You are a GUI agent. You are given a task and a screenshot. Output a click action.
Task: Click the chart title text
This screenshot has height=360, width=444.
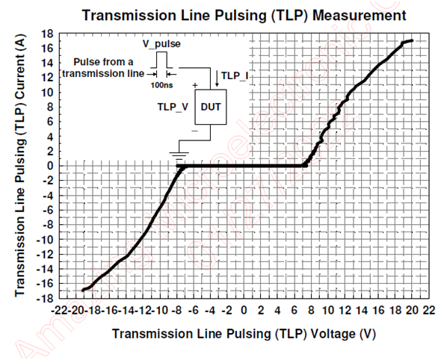point(244,15)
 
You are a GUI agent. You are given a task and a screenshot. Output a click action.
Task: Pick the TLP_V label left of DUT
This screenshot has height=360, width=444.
point(173,107)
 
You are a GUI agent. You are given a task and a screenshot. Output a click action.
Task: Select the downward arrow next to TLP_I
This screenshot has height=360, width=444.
point(217,78)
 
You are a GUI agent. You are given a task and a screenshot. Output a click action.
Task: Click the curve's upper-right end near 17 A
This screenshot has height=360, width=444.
point(411,40)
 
